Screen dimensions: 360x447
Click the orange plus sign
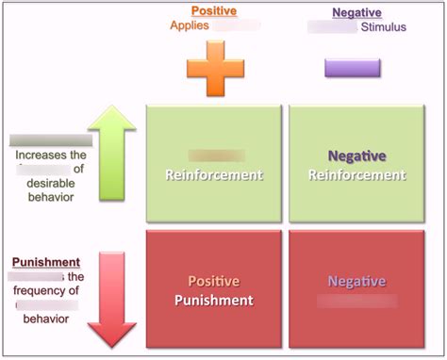(x=214, y=69)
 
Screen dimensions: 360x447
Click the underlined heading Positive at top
(x=214, y=11)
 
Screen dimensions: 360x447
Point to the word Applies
(x=190, y=25)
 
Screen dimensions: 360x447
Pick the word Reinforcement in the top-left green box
(x=213, y=174)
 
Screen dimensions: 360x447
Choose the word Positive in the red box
(x=213, y=282)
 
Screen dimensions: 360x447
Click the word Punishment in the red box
(x=213, y=301)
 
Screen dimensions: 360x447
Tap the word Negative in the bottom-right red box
(x=356, y=282)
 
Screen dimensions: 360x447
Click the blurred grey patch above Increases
(x=38, y=140)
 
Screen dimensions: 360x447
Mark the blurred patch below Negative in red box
(x=356, y=302)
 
